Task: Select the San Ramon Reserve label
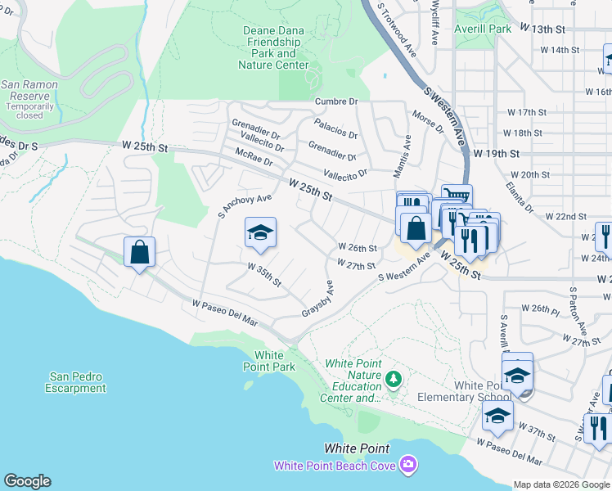29,95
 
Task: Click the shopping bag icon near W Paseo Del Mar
139,251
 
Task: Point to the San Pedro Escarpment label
76,382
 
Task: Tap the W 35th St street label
264,275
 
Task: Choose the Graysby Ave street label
318,300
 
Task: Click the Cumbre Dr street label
337,101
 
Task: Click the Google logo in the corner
27,481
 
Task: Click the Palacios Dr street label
336,128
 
